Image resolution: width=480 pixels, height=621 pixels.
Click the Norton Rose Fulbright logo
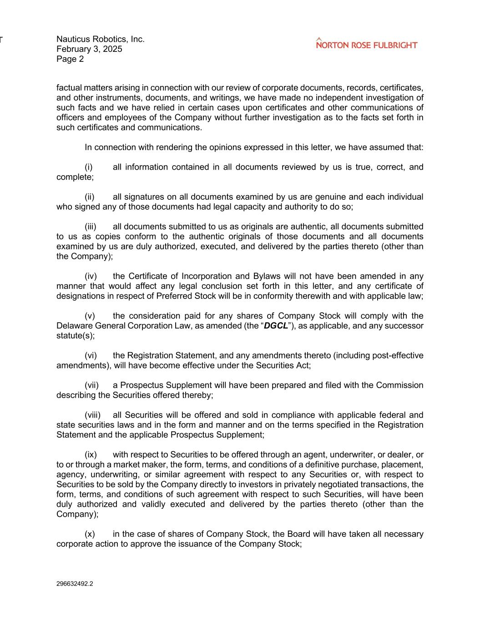point(366,44)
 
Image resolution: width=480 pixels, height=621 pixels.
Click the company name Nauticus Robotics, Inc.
point(101,39)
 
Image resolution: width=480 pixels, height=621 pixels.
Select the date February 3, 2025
point(89,49)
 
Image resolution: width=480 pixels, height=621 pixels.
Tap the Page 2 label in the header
point(70,59)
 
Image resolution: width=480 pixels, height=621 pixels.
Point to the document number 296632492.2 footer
point(75,584)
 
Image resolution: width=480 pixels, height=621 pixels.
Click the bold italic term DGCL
point(276,326)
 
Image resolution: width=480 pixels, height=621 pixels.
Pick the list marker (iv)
point(91,277)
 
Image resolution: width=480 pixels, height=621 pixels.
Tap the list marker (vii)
point(91,385)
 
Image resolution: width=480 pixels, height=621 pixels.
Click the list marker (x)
point(90,534)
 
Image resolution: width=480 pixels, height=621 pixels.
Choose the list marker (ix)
point(91,455)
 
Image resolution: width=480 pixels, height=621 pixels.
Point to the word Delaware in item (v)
point(74,326)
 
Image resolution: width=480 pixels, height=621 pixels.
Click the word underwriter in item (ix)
point(351,455)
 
